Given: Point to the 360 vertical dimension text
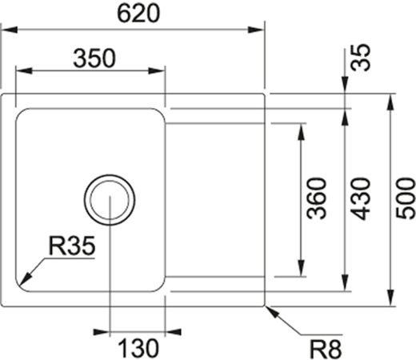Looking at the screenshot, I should click(318, 198).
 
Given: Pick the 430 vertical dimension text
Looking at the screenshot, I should click(362, 198).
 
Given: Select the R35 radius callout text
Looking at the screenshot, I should click(72, 247).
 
